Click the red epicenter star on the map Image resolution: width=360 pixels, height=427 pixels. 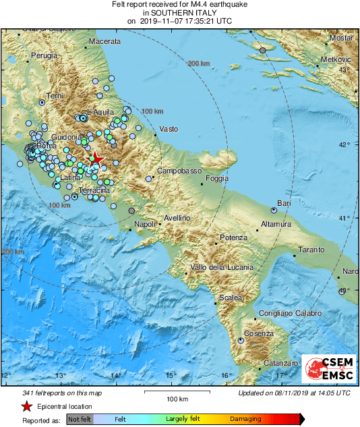coord(96,159)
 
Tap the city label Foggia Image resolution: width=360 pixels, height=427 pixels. coord(216,179)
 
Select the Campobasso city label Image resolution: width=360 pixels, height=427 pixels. coord(180,172)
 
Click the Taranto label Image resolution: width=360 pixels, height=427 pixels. coord(311,250)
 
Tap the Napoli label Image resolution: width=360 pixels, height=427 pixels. coord(145,224)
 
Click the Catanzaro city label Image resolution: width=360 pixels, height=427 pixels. coord(280,364)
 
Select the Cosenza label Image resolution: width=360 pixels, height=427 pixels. coord(260,334)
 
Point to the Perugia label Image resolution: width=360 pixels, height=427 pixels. coord(44,55)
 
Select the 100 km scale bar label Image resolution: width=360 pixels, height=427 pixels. coord(177,399)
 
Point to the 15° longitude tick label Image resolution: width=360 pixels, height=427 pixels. coord(171,375)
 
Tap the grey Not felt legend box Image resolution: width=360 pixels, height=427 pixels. coord(79,419)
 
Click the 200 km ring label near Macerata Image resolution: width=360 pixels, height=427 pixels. coord(199,63)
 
